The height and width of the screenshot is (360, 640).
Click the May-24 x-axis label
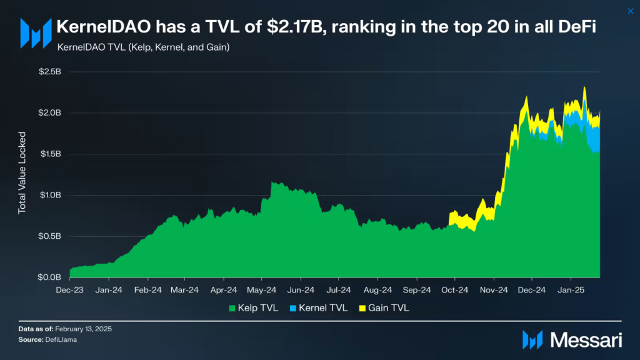pos(262,290)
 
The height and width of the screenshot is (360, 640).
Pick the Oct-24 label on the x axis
pos(455,290)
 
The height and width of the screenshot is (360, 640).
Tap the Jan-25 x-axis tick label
pos(570,290)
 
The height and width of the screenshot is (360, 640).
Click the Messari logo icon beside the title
pos(36,32)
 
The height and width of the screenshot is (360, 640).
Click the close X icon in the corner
pos(630,10)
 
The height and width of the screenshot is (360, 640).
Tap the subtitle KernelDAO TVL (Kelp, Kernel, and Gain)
pos(142,47)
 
